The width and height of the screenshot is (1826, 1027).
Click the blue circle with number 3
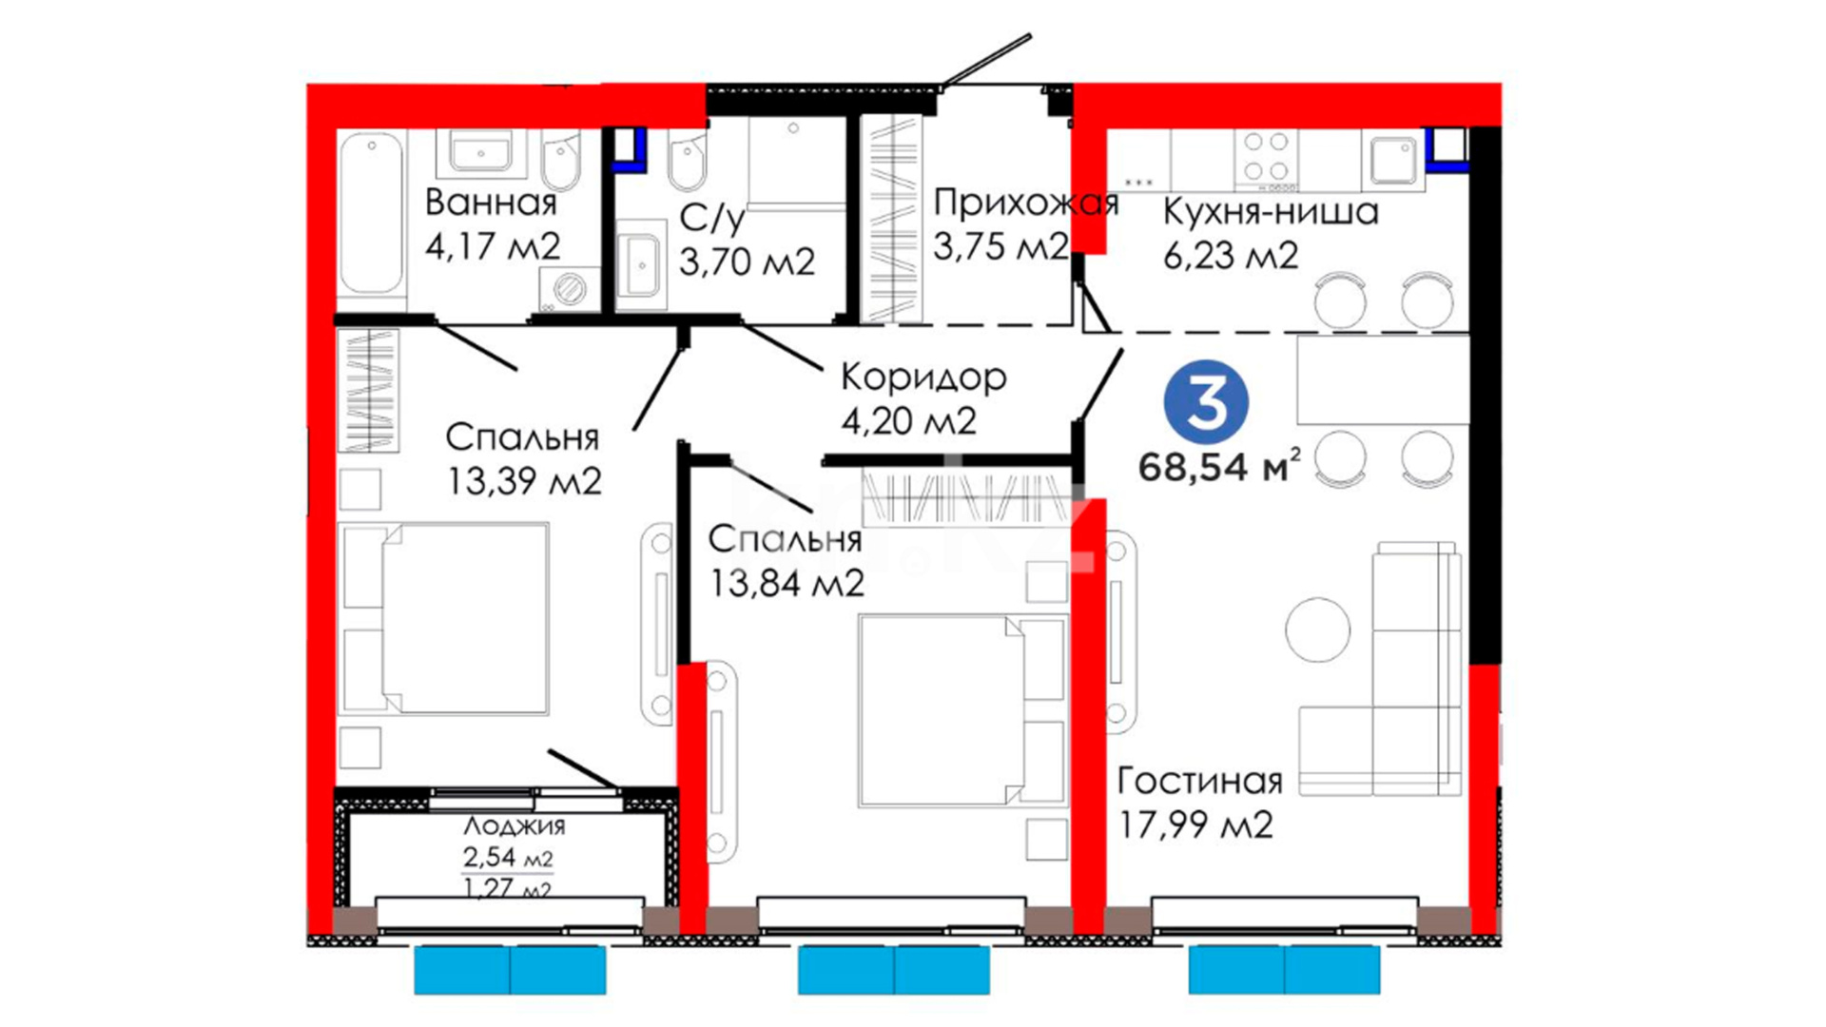1206,402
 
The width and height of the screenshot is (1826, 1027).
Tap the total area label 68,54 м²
1218,466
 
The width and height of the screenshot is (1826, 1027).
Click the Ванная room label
491,203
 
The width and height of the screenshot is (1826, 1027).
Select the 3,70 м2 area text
747,261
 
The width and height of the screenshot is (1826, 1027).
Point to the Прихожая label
1025,203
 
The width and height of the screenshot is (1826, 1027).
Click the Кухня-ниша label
1271,211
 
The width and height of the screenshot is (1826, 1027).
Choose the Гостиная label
1199,781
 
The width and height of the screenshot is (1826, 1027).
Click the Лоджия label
514,825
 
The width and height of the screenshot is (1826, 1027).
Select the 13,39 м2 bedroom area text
525,481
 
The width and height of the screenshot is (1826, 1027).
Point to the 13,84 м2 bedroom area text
787,583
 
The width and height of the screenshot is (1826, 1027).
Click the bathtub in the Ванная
371,213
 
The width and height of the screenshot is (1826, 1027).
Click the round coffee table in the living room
1318,630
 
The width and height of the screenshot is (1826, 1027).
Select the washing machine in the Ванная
569,288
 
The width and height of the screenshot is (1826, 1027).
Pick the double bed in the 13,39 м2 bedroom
445,618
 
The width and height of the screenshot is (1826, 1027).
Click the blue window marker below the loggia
510,970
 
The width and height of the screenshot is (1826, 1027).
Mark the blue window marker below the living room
1284,970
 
